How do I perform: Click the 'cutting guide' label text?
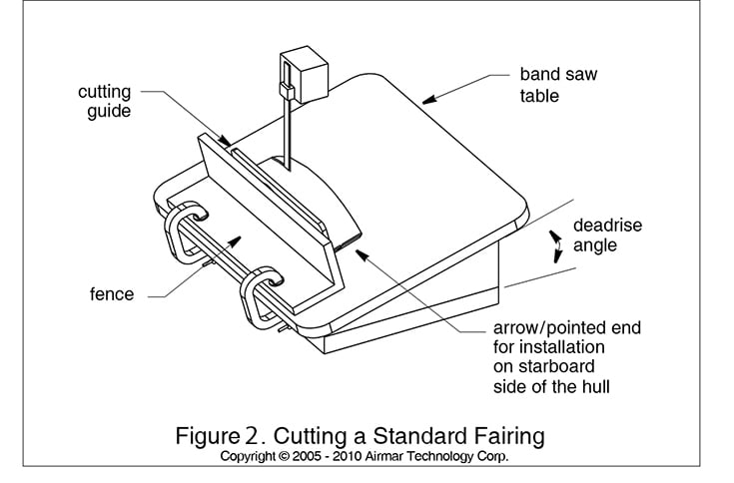tap(104, 102)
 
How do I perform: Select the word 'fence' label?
tap(111, 294)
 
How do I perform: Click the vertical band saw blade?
tap(287, 130)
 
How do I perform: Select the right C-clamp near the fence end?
tap(260, 294)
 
